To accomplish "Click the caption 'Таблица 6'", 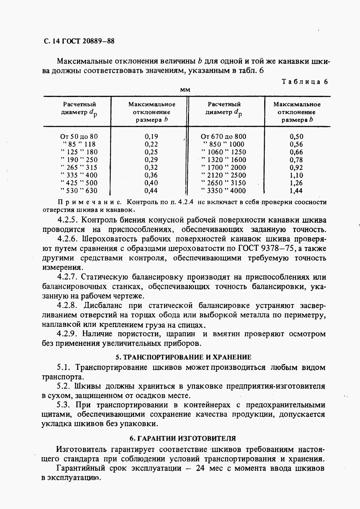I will [305, 82].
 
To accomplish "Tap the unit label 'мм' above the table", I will [185, 90].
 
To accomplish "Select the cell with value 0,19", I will [151, 137].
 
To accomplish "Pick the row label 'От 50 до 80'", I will [79, 137].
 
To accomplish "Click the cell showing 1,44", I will [296, 191].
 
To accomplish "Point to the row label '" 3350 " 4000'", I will [224, 191].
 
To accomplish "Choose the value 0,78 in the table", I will [296, 160].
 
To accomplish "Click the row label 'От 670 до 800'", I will [224, 137].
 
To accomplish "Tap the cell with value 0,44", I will [151, 191].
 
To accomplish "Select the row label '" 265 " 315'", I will [79, 168].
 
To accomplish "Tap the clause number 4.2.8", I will [67, 306].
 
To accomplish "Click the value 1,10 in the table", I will [296, 175].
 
